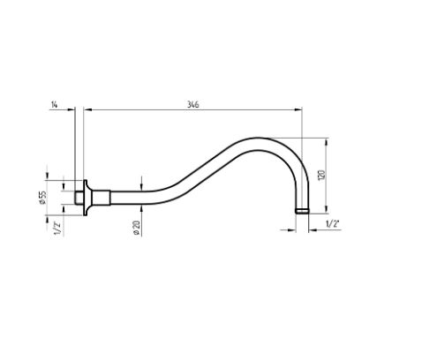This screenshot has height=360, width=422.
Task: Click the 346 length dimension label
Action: (x=193, y=104)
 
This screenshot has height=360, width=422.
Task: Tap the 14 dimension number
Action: (x=55, y=104)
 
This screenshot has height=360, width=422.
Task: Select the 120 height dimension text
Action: (x=321, y=176)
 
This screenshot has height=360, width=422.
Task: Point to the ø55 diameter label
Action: (x=42, y=198)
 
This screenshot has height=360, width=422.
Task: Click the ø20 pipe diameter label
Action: (x=136, y=229)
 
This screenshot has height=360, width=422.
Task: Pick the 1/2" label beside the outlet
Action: (x=333, y=224)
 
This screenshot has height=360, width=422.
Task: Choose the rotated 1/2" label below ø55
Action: (x=57, y=229)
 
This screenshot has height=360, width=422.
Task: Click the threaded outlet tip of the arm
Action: (x=302, y=211)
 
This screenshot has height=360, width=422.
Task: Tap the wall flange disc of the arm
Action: (x=86, y=198)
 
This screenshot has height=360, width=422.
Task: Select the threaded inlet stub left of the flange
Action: (x=79, y=198)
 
